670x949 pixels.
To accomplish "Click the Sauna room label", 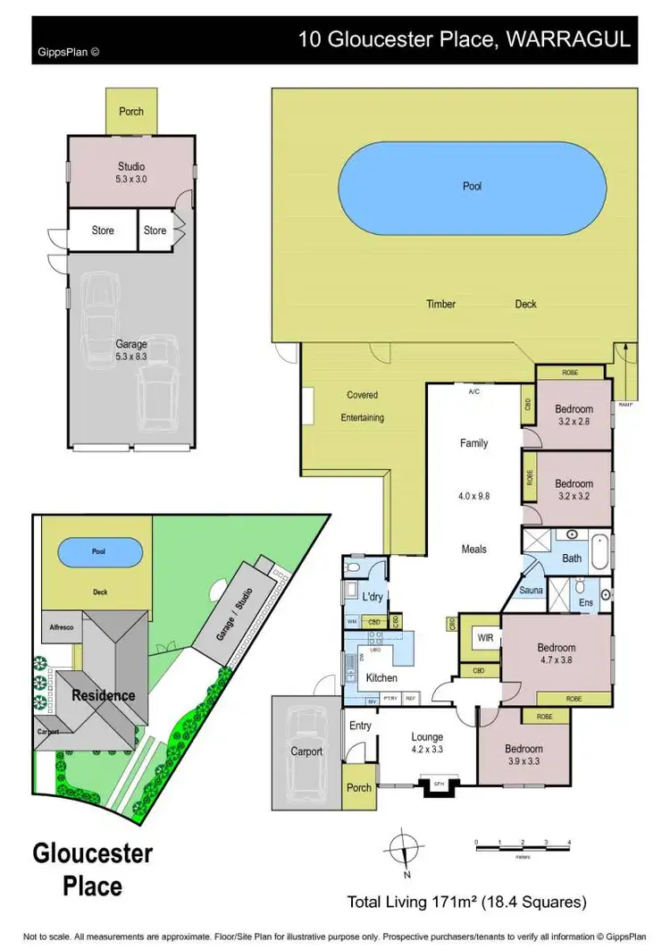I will tap(532, 591).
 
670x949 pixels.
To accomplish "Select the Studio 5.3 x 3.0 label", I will tap(131, 172).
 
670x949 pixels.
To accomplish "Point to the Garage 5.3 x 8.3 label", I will tap(131, 350).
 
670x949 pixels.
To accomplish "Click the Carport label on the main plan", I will tap(306, 752).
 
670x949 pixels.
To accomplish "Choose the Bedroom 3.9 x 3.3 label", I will tap(523, 755).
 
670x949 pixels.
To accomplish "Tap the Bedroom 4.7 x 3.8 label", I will tap(557, 654).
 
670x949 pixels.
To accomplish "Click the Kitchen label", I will tap(382, 678).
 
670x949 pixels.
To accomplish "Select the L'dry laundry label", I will tap(373, 595).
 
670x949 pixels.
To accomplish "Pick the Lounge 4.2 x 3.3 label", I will tap(427, 743).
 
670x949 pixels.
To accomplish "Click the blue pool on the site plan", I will tap(98, 552).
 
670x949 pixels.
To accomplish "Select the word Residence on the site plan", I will tap(104, 694).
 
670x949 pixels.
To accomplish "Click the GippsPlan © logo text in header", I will tap(68, 51).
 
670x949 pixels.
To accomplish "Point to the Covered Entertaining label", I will tap(362, 407).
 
